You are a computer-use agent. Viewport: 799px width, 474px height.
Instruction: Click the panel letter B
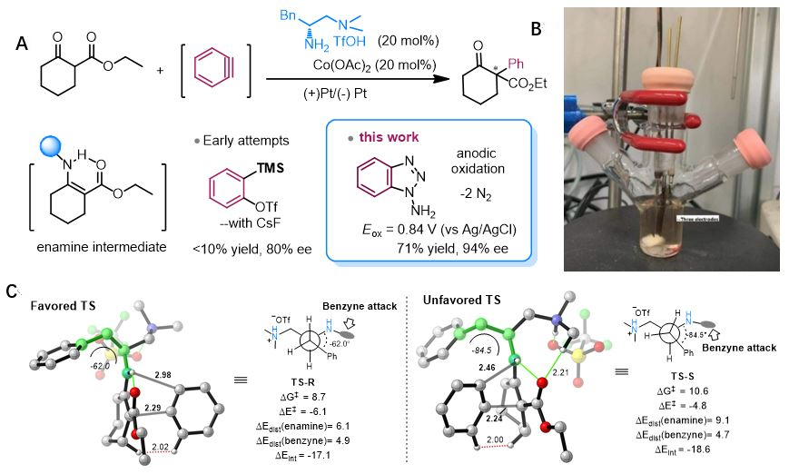[538, 29]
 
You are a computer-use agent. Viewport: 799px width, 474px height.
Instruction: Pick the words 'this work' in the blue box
[388, 138]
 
